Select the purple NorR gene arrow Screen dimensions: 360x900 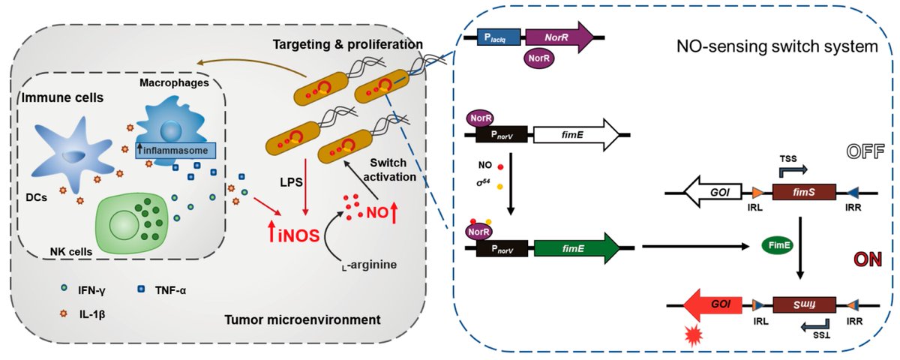click(x=559, y=35)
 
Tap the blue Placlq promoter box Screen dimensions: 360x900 click(x=499, y=35)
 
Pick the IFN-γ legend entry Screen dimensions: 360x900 click(x=81, y=290)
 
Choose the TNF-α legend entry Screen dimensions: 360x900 click(x=169, y=290)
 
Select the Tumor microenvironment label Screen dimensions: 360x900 click(x=302, y=321)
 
